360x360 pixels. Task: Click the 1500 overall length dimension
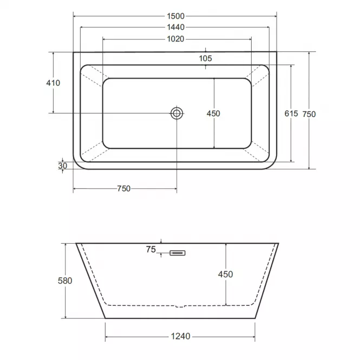tap(175, 16)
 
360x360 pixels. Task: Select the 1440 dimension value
tap(175, 27)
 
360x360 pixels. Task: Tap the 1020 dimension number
tap(175, 39)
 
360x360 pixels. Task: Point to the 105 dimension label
tap(206, 58)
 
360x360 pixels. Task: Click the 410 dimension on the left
tap(53, 83)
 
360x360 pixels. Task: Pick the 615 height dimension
tap(291, 114)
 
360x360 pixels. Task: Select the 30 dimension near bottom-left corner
tap(62, 166)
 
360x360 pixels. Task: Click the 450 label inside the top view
tap(213, 114)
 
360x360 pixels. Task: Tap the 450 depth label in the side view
tap(225, 274)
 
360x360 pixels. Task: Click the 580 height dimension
tap(65, 281)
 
